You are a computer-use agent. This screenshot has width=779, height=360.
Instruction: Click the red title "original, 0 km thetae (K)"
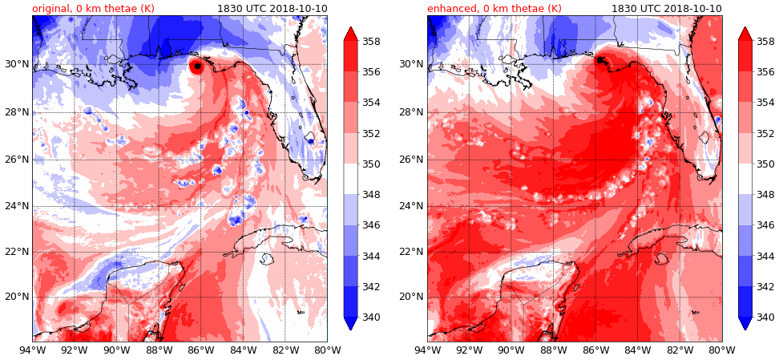(x=93, y=9)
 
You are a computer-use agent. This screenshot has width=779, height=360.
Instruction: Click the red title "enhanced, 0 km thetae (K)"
(x=494, y=9)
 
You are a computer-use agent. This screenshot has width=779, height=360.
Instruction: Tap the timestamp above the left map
(x=272, y=9)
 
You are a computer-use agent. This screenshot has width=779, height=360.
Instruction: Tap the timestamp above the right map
(x=666, y=9)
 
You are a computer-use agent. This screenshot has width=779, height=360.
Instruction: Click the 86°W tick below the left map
(x=200, y=350)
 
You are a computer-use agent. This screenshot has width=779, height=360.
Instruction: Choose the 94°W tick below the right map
(x=428, y=350)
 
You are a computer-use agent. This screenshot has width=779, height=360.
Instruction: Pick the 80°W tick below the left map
(x=327, y=350)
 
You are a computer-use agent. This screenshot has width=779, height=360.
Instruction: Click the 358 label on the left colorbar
(x=371, y=42)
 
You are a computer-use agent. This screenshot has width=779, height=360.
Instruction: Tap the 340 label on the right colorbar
(x=765, y=318)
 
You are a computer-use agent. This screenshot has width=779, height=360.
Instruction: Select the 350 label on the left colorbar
(x=371, y=164)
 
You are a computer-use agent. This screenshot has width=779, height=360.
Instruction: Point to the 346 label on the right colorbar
(x=765, y=225)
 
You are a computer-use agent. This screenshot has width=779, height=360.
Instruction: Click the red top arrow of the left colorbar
(x=350, y=34)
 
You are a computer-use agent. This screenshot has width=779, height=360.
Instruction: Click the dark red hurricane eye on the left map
(x=196, y=67)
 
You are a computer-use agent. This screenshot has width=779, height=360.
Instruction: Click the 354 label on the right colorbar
(x=765, y=103)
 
